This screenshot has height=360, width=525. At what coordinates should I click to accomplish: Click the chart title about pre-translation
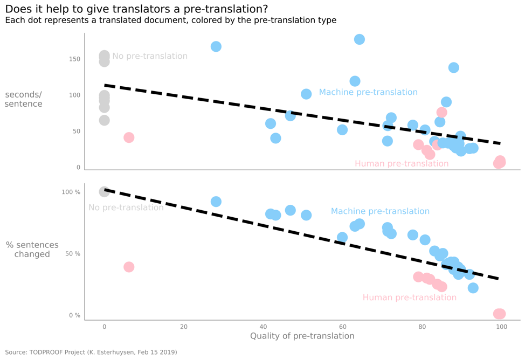(136, 9)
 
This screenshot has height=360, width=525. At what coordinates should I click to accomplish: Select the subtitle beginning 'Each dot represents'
(170, 20)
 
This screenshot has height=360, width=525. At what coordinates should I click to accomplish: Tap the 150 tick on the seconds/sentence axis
(74, 59)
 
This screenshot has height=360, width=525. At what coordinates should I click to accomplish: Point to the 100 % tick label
(71, 192)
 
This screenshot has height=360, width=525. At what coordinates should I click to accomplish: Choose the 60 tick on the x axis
(342, 327)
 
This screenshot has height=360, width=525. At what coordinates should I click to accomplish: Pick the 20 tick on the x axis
(184, 327)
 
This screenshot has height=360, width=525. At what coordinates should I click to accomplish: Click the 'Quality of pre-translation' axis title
(302, 336)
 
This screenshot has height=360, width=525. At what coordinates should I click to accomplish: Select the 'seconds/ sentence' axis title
(23, 100)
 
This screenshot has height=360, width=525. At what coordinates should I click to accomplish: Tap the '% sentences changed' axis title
(32, 250)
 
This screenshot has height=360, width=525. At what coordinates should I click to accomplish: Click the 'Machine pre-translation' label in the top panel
(368, 92)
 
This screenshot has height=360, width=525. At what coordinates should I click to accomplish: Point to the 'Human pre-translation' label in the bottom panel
(409, 297)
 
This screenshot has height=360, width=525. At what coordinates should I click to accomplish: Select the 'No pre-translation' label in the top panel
(150, 57)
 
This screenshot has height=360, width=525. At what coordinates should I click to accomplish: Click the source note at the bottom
(91, 352)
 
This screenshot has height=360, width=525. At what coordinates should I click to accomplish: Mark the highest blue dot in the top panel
(359, 39)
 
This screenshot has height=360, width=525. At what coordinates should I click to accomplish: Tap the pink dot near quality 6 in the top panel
(128, 137)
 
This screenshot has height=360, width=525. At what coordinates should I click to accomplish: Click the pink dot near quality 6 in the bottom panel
(128, 267)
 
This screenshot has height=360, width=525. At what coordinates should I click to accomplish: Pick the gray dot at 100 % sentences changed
(104, 192)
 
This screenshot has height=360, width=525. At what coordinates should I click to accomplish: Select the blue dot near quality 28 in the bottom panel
(216, 202)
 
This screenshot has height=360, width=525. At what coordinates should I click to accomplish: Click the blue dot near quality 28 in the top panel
(216, 47)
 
